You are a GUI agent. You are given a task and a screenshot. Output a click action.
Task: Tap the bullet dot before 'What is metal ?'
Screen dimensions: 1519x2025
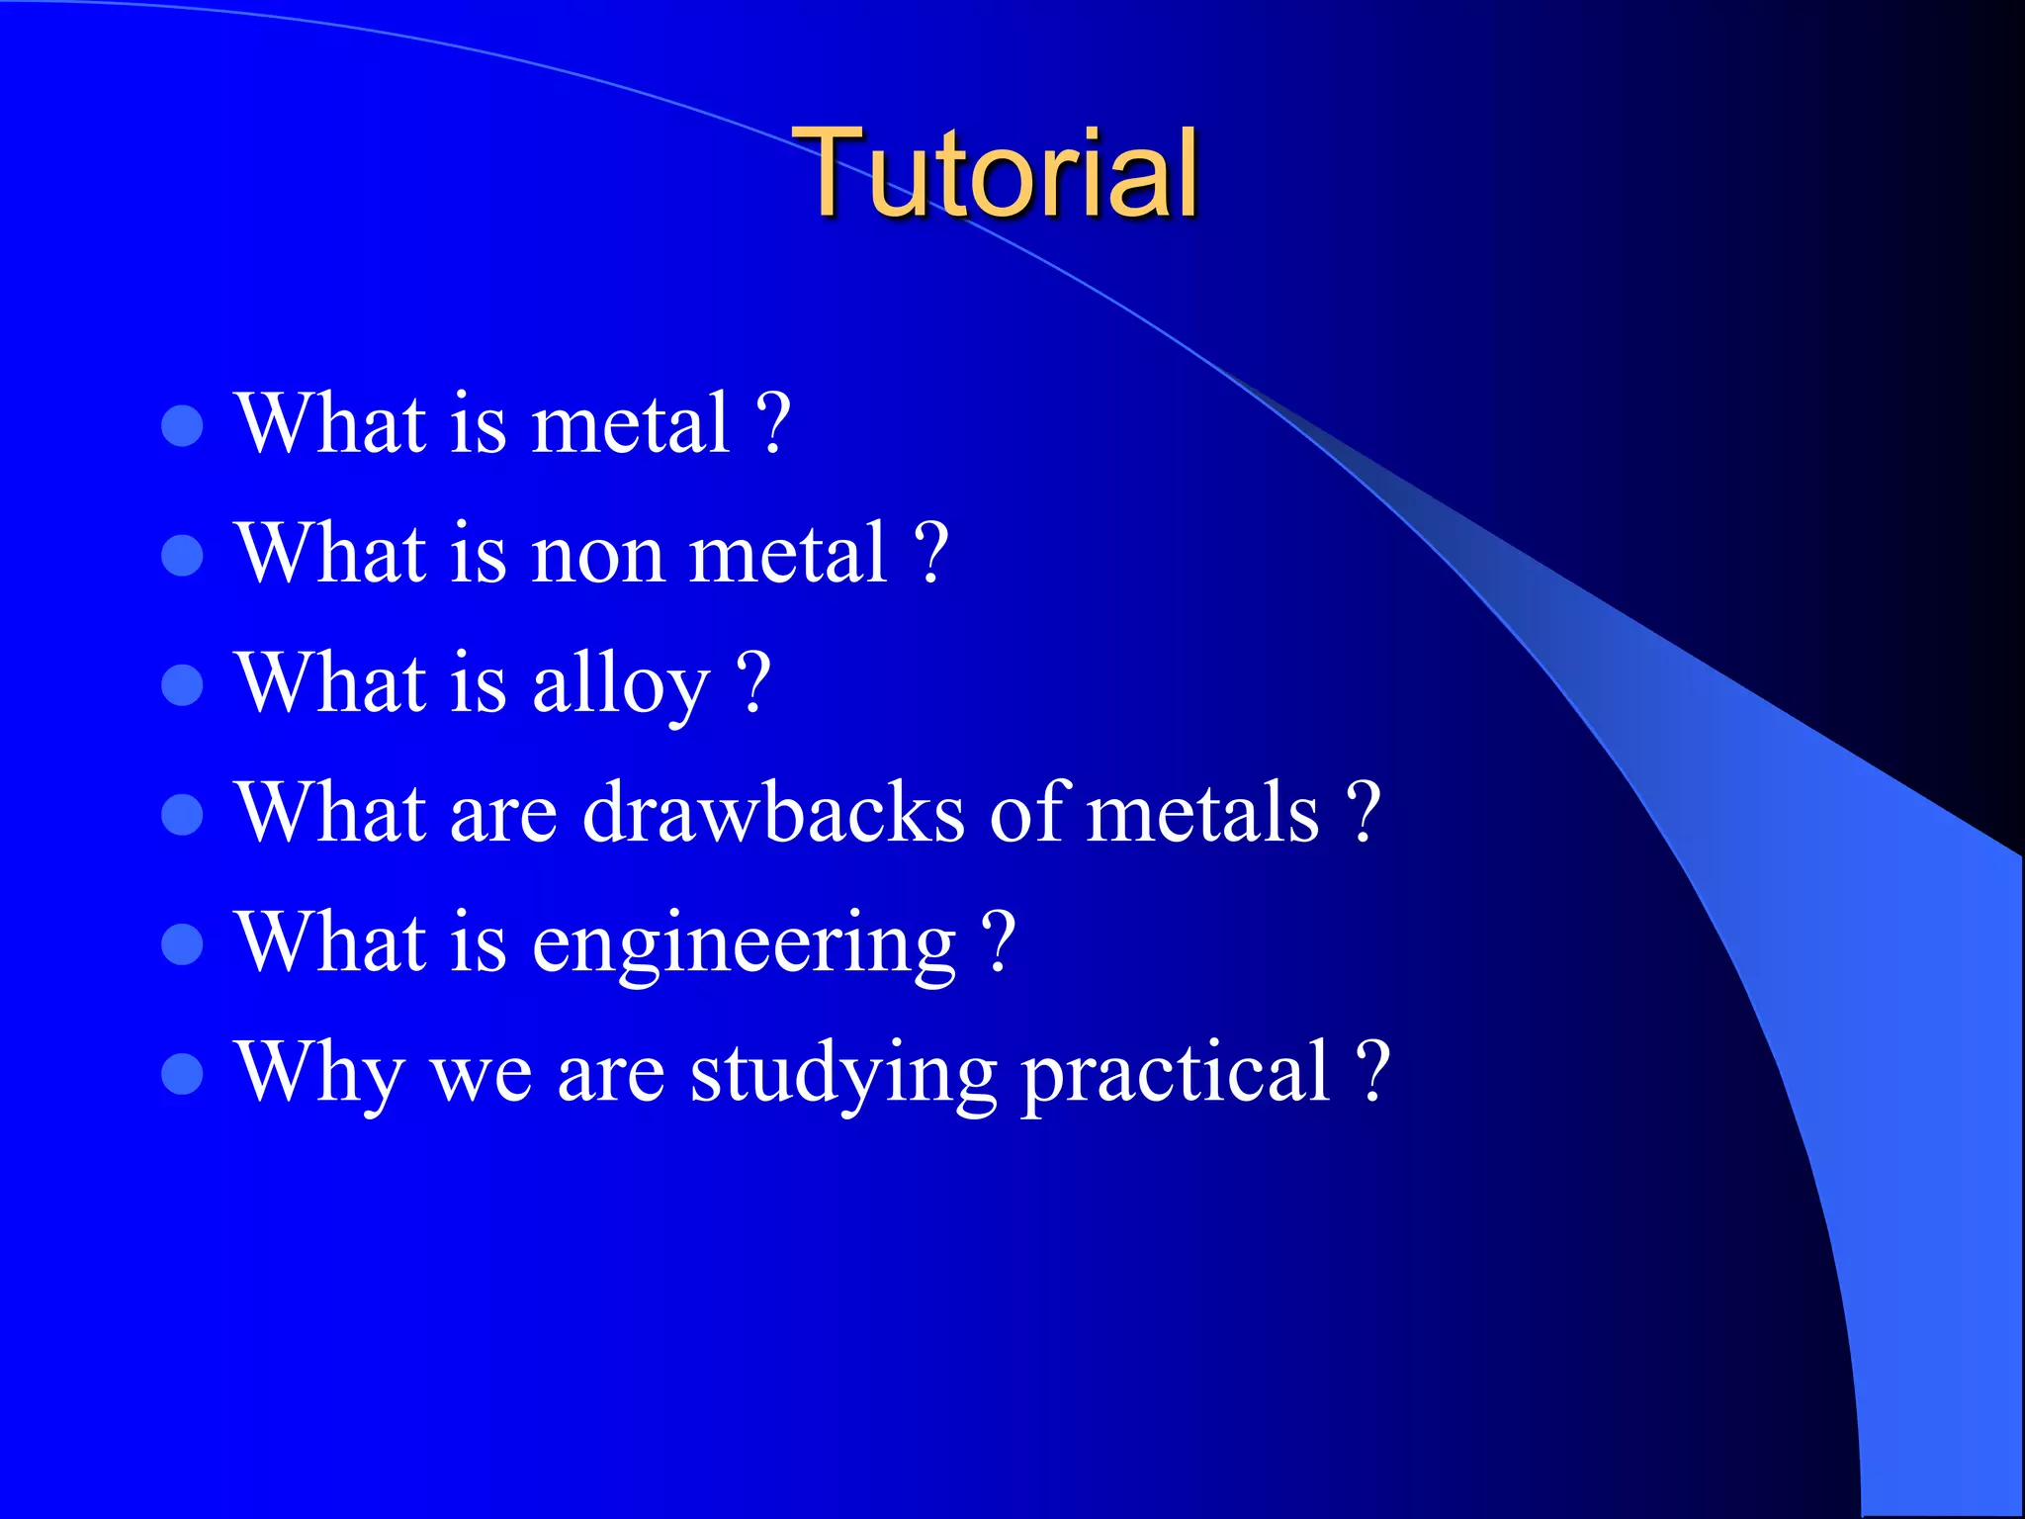click(x=182, y=425)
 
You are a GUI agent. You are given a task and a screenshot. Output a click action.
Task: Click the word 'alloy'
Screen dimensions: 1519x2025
click(x=620, y=684)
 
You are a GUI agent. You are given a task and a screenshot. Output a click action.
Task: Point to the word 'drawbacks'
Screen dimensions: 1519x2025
click(x=773, y=813)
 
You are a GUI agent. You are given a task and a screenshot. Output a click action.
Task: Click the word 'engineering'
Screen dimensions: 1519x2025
click(x=744, y=944)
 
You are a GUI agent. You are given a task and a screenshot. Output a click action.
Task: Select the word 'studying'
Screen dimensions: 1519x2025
click(x=842, y=1074)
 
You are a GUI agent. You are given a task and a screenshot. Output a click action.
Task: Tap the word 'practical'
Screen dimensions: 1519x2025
click(x=1176, y=1074)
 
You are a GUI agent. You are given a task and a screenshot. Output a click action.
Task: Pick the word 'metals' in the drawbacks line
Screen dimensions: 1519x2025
click(x=1202, y=813)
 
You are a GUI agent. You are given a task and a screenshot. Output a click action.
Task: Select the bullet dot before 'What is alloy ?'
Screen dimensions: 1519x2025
click(x=182, y=684)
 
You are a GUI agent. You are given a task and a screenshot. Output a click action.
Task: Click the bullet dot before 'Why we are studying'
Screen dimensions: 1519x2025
click(x=182, y=1074)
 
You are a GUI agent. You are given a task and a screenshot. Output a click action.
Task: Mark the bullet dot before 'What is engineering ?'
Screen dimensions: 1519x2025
click(x=182, y=943)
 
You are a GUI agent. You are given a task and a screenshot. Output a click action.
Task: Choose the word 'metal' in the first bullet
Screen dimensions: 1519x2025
click(x=631, y=425)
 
